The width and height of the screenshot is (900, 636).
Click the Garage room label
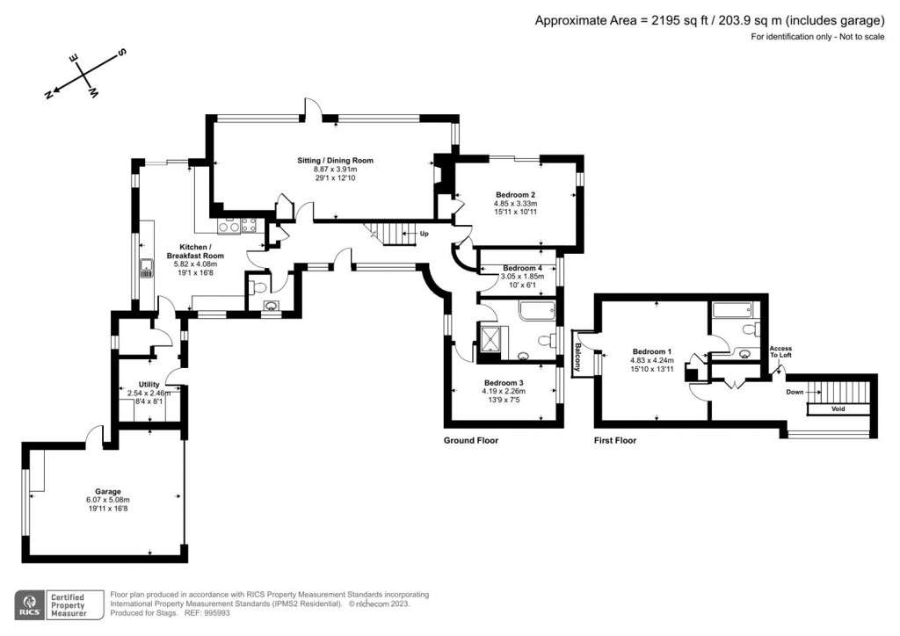click(108, 491)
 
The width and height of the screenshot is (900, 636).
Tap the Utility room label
click(149, 384)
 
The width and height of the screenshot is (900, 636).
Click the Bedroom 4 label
click(522, 268)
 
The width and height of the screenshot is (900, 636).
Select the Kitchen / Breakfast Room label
click(201, 251)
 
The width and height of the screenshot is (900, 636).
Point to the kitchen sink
click(146, 268)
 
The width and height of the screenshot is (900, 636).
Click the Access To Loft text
click(780, 351)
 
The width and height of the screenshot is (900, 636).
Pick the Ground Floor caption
click(470, 440)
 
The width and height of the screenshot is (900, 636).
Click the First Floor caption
click(615, 440)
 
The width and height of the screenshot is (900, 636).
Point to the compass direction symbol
click(85, 74)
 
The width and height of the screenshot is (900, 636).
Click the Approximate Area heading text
click(709, 20)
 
